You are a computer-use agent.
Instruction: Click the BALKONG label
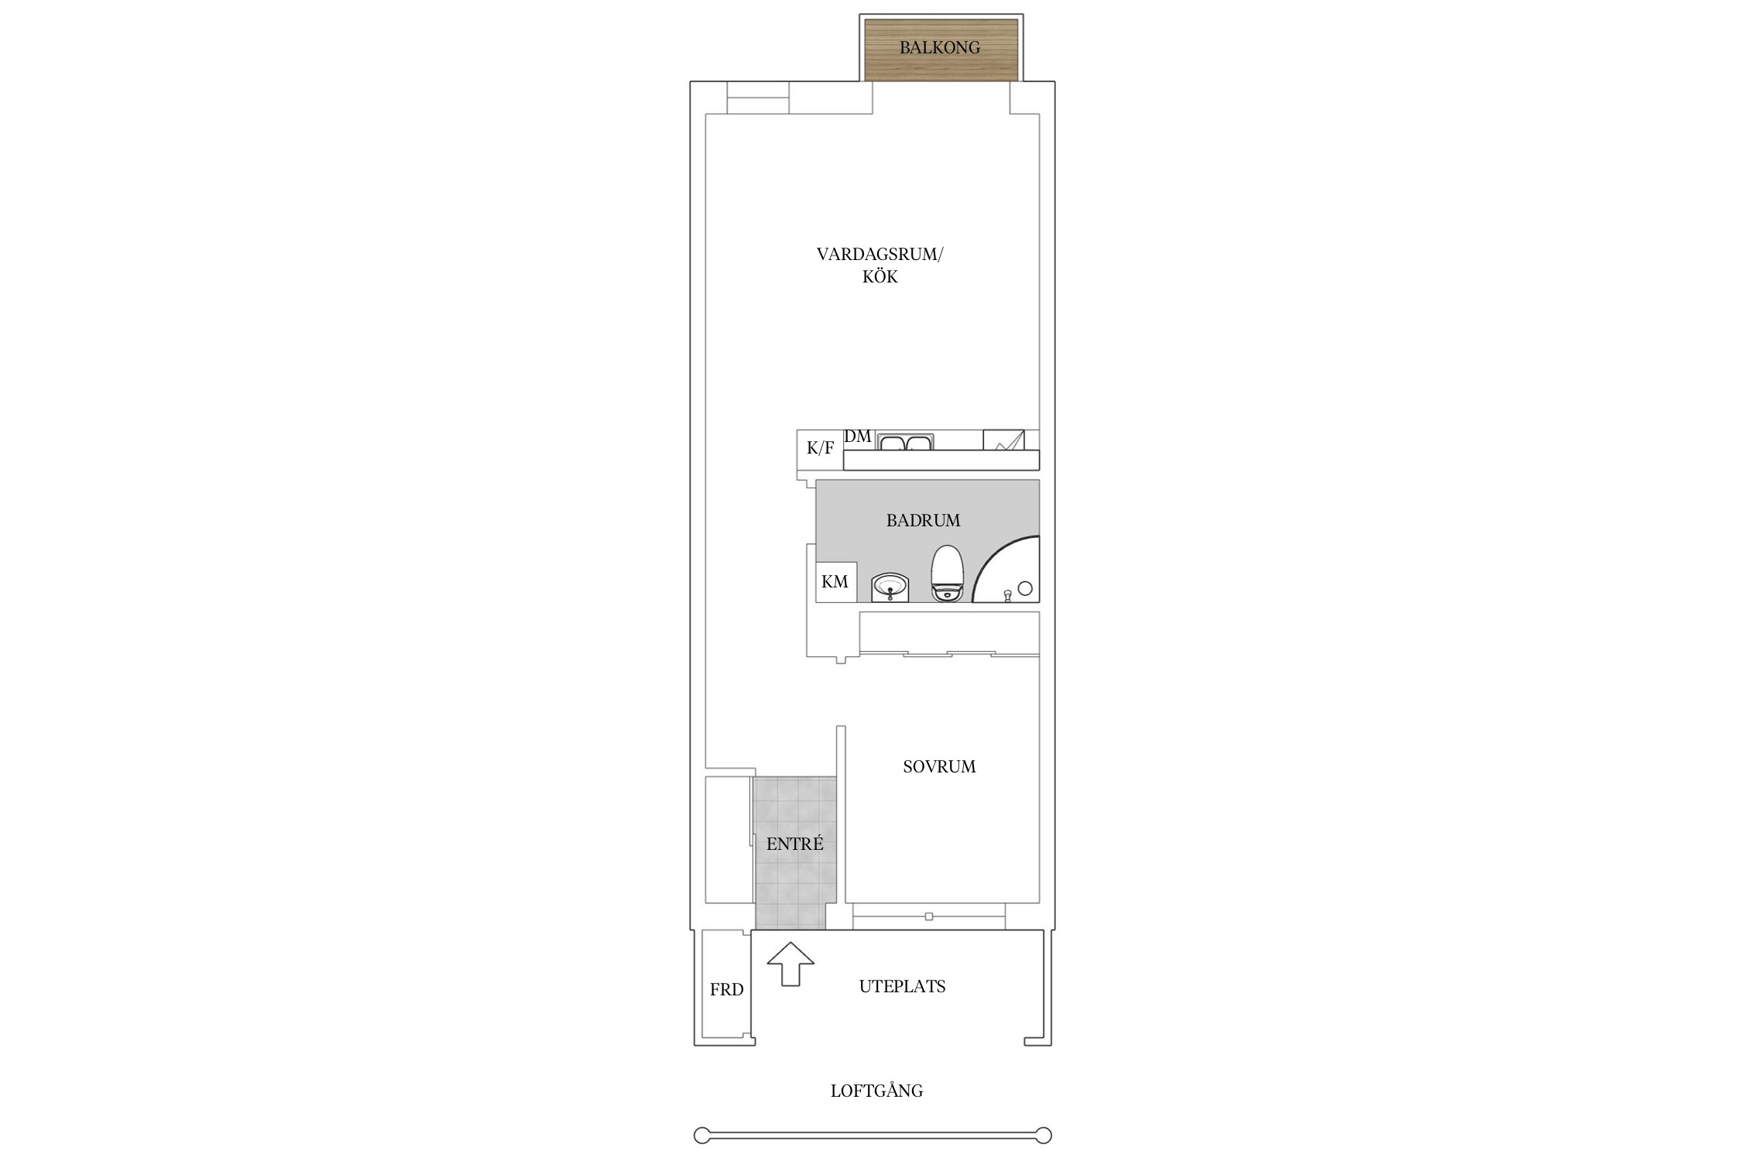coord(939,48)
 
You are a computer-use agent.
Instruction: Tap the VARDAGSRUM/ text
coord(880,255)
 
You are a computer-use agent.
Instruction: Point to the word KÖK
coord(880,277)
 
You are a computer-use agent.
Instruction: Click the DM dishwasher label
coord(858,437)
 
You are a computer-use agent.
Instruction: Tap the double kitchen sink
coord(905,442)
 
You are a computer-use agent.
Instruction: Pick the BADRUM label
coord(923,521)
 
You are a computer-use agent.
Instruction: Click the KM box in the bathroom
coord(836,582)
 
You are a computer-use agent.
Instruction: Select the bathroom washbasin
coord(890,587)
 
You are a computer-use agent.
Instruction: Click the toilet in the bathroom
coord(947,574)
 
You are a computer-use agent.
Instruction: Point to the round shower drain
coord(1025,588)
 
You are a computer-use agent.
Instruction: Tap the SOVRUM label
coord(939,767)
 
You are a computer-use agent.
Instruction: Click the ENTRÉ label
coord(794,844)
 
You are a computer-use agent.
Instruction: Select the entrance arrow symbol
coord(790,964)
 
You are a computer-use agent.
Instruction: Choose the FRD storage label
coord(726,990)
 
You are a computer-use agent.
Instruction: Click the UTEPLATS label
coord(902,987)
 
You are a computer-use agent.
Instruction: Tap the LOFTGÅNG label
coord(876,1091)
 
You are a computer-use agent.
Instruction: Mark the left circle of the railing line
coord(701,1135)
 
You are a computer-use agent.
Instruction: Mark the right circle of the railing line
coord(1044,1135)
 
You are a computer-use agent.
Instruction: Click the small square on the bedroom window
coord(929,917)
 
